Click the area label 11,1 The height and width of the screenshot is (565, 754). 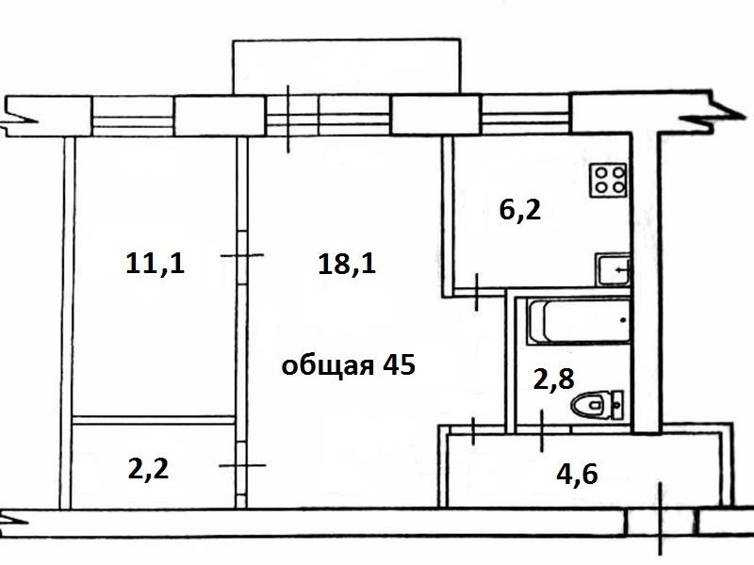[x=155, y=265]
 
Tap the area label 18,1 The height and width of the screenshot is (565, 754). [x=347, y=265]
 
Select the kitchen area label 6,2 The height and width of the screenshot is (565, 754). [x=520, y=210]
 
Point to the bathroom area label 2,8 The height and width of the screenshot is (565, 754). [x=554, y=379]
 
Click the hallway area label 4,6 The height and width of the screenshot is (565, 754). [x=577, y=475]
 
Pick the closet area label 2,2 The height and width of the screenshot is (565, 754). [x=148, y=469]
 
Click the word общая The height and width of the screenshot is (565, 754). [x=327, y=366]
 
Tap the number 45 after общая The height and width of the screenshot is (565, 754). [x=399, y=364]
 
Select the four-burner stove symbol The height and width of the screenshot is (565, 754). [x=609, y=180]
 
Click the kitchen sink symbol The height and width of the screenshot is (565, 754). [x=612, y=269]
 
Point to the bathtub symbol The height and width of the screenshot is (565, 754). [x=578, y=321]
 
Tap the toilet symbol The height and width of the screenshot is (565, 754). [x=597, y=405]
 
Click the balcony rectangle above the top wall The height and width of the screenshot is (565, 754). [x=346, y=66]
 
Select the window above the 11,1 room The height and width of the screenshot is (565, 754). [x=132, y=116]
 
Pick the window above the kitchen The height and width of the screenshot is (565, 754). [x=526, y=114]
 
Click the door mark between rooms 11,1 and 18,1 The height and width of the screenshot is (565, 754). [x=242, y=255]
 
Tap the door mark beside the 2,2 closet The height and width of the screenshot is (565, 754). [x=242, y=465]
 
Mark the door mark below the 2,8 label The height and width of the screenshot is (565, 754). [x=542, y=431]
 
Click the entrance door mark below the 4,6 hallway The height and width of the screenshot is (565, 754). [x=662, y=519]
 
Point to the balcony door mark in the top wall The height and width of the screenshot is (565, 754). [x=288, y=120]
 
